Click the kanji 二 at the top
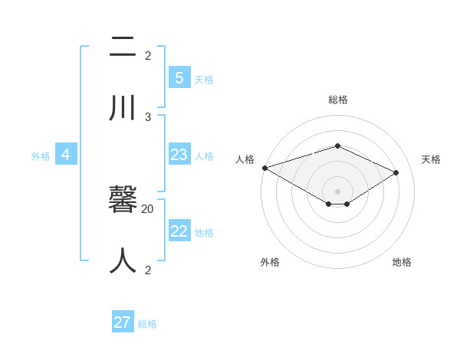(x=123, y=47)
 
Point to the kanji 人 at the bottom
(x=123, y=260)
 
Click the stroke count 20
(x=148, y=208)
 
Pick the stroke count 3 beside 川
(x=148, y=116)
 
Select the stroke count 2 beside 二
(x=148, y=55)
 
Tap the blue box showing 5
(x=179, y=77)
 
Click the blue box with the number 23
(x=179, y=155)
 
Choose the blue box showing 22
(x=179, y=231)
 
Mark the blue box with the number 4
(x=66, y=155)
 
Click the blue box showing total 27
(x=123, y=322)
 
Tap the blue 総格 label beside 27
(x=147, y=324)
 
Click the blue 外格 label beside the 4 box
(x=41, y=156)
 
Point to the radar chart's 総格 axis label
(x=338, y=100)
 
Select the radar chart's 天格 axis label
(x=432, y=159)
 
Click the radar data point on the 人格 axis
(x=264, y=168)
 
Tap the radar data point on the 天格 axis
(x=396, y=172)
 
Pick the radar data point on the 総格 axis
(x=337, y=146)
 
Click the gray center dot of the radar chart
(x=337, y=191)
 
